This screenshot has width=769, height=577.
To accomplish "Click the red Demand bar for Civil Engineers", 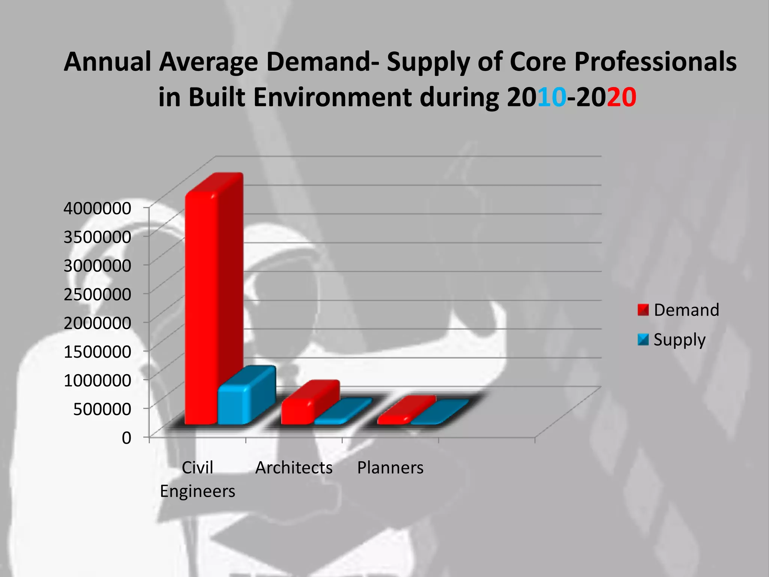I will tap(202, 308).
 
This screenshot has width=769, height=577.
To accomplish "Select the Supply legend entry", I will tap(672, 340).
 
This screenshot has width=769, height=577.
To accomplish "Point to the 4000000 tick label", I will tap(97, 208).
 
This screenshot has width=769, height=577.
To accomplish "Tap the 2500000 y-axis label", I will tap(97, 294).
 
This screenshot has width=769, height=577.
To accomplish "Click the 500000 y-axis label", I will tap(102, 409).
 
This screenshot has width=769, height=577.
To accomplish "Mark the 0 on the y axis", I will tap(127, 438).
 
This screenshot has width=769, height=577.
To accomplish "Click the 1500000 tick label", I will tap(97, 352).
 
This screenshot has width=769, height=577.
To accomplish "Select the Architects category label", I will tap(294, 468).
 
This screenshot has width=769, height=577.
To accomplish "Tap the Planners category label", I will tap(390, 468).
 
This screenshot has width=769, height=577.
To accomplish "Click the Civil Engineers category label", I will tap(198, 479).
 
